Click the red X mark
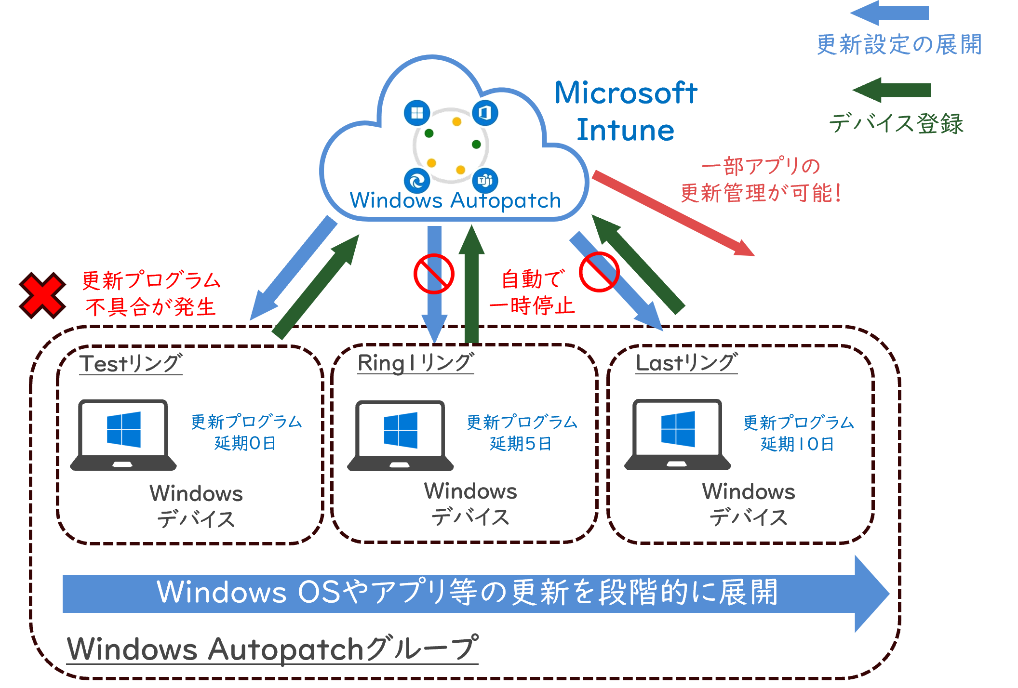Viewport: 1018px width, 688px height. pos(42,295)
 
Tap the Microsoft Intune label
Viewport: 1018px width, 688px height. pos(626,111)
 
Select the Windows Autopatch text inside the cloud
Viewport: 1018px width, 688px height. pos(455,200)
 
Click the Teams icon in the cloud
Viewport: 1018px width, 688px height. pos(485,181)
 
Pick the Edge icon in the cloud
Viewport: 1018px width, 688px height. pos(417,181)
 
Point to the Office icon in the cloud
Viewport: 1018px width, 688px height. pos(485,113)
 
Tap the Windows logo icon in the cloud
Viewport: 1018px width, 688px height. pos(417,113)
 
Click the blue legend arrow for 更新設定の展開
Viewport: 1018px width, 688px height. pos(889,13)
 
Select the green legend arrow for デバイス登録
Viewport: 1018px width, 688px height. pos(892,90)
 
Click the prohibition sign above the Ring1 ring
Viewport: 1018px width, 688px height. pos(434,274)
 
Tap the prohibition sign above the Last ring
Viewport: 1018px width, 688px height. pos(599,272)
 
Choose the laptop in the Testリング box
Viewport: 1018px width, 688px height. pos(123,435)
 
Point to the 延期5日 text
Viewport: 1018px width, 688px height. pos(521,444)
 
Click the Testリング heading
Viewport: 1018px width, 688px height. pos(131,363)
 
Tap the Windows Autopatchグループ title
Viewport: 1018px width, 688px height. pos(272,648)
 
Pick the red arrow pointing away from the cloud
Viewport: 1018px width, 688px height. pos(673,213)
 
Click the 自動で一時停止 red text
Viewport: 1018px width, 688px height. pos(532,292)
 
